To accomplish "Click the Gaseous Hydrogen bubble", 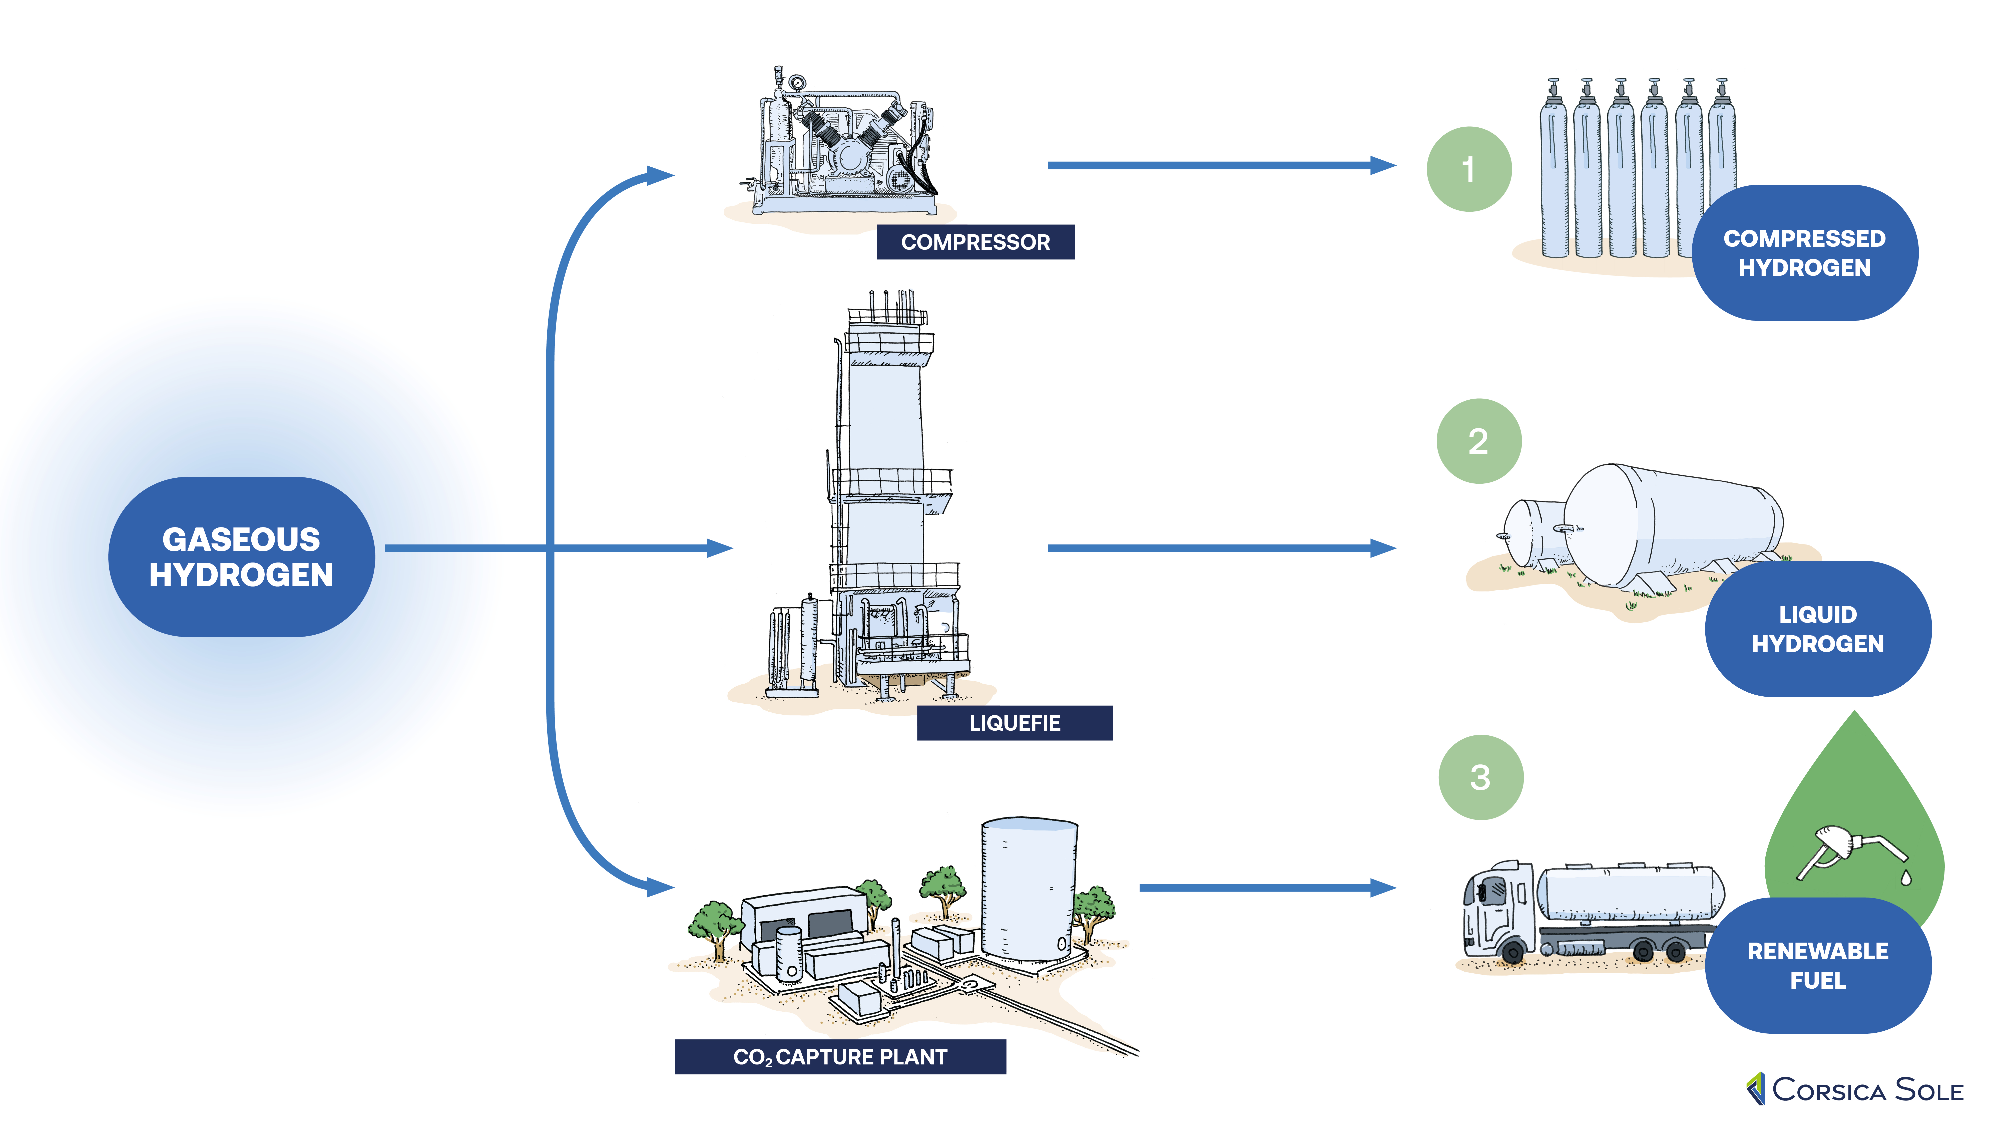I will (242, 556).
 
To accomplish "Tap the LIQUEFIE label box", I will (1015, 723).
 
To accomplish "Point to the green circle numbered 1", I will (1468, 169).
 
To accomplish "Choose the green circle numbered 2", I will (1478, 441).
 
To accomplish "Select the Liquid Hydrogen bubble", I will (1818, 629).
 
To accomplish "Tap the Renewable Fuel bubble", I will (1818, 965).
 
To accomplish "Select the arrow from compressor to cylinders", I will (1220, 165).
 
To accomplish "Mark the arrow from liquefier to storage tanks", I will (1220, 548).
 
